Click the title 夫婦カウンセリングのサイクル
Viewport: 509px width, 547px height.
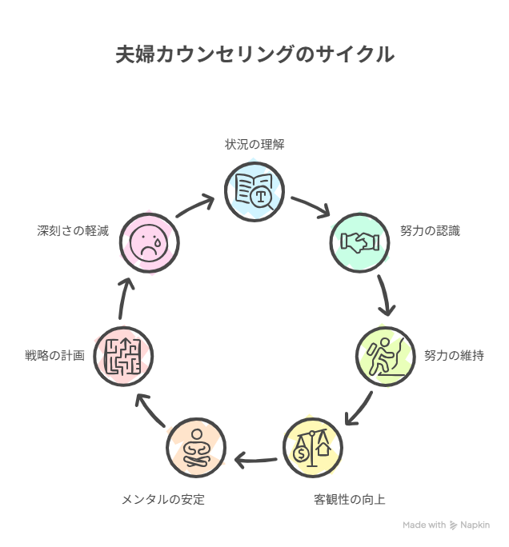point(254,54)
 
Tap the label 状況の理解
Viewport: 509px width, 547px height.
point(254,145)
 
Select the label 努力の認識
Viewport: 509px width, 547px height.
point(431,231)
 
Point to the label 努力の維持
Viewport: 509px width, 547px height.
point(454,355)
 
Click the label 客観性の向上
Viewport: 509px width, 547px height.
point(350,500)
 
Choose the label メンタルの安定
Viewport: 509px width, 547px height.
point(163,500)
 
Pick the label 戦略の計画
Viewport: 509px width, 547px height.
point(55,355)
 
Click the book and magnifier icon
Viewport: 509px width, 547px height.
point(254,190)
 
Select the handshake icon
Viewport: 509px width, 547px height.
point(360,242)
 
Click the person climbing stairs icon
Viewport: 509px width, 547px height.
point(386,355)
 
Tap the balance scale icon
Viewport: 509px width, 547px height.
point(313,447)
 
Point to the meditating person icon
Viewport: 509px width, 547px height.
point(196,447)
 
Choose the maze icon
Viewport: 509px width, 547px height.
point(123,355)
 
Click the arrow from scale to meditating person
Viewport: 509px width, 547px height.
point(255,460)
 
